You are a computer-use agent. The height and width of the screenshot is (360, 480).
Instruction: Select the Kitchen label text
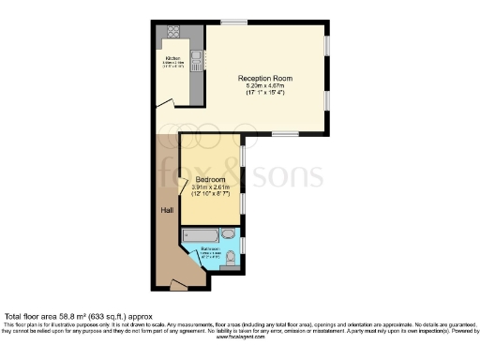pos(172,57)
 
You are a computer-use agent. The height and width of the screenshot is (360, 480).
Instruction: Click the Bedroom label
pos(210,179)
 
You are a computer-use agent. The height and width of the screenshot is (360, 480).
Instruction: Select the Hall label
pos(166,210)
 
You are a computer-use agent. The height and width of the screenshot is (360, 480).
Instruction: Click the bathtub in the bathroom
pos(204,234)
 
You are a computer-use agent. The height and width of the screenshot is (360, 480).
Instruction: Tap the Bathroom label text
pos(208,250)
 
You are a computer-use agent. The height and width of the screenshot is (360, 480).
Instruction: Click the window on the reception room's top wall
pos(234,22)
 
